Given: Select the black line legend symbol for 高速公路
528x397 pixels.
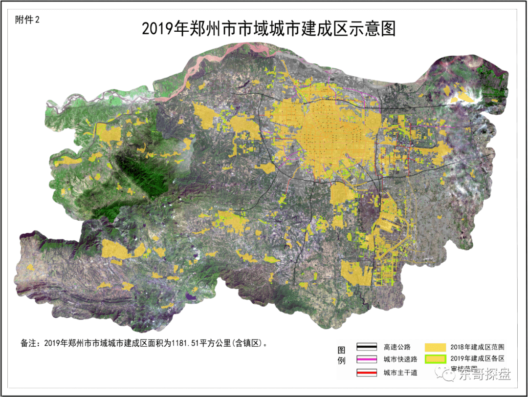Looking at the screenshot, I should (366, 347).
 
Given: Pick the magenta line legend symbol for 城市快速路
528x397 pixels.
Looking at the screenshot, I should (366, 360).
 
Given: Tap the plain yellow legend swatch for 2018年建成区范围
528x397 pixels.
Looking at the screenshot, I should (435, 347).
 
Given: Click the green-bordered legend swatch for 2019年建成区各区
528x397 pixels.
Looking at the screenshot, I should (435, 359).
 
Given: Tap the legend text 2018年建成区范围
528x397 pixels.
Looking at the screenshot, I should (476, 347).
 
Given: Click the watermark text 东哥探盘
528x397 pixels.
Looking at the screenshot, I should (484, 376).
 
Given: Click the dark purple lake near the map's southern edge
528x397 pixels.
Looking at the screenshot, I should (192, 295).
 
